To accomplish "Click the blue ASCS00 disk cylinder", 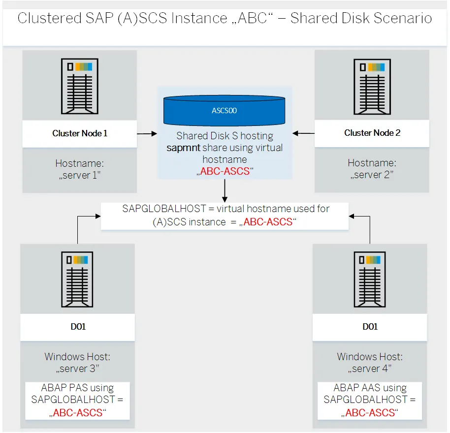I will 225,111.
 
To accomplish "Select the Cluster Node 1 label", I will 80,133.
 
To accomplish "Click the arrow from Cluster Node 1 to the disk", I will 147,133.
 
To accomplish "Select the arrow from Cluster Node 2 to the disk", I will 303,133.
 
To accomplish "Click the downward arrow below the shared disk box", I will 225,190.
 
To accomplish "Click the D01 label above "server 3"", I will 78,327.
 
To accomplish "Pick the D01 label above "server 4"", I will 370,327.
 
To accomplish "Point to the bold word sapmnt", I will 182,148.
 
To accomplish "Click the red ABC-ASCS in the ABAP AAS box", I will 370,412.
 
